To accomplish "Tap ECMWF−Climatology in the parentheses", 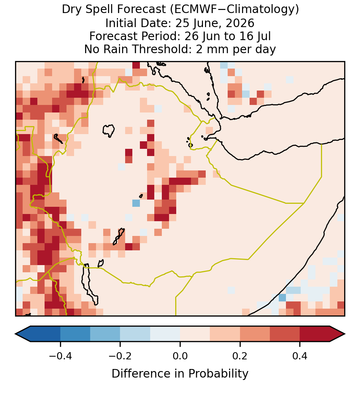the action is [234, 10].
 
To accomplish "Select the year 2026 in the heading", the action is [240, 23].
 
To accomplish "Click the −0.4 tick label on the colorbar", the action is [60, 356].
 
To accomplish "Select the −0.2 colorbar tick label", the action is [120, 356].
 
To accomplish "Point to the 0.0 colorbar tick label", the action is [180, 356].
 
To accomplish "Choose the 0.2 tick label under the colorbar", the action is [240, 356].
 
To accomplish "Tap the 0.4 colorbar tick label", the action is [300, 356].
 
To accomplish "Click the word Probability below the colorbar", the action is [218, 374].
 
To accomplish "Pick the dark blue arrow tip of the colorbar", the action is [16, 334].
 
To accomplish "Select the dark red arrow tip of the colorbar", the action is [345, 334].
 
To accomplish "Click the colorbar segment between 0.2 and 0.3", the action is [255, 334].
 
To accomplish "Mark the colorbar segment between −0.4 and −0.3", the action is [75, 334].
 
